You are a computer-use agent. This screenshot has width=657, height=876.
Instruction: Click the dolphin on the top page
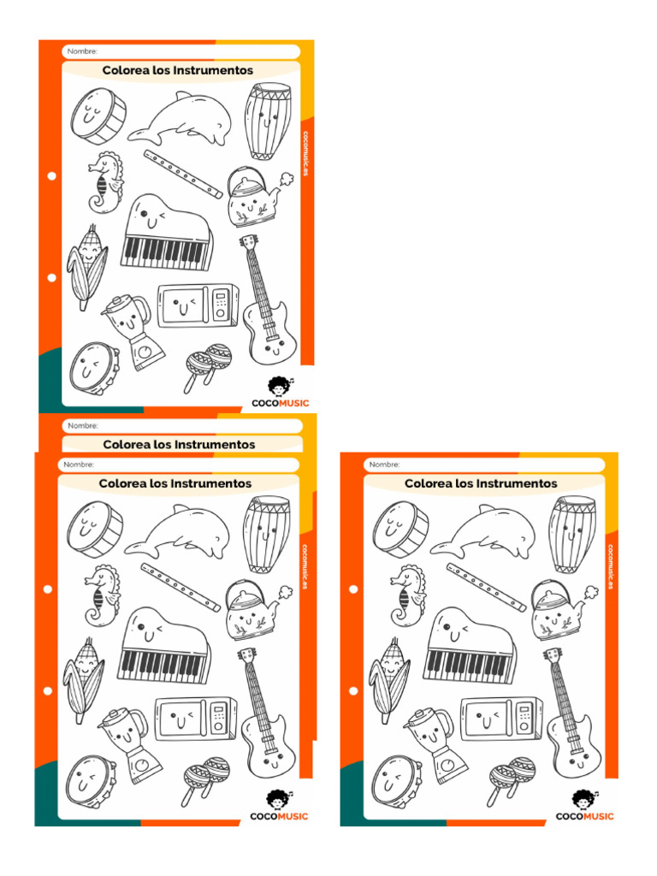tap(182, 121)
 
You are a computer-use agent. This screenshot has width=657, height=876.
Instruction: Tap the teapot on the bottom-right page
tap(553, 610)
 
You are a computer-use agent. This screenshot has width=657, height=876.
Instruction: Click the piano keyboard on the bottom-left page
tap(163, 649)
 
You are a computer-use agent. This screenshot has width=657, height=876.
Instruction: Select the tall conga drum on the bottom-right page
tap(572, 533)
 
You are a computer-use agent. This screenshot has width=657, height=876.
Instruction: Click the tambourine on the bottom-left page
tap(90, 781)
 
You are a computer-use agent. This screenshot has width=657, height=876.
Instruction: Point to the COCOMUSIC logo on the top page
tap(280, 394)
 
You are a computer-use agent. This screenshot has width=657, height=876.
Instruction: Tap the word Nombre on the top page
tap(82, 52)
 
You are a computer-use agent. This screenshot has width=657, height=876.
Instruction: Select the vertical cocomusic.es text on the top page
tap(305, 154)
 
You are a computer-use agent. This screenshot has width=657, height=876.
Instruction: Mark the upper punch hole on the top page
tap(52, 176)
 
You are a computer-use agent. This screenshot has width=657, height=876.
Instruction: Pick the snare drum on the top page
tap(98, 115)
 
